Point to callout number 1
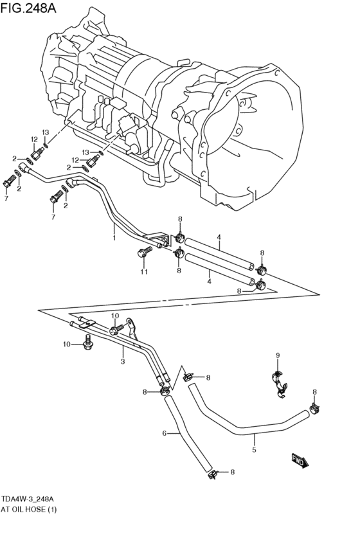[114, 238]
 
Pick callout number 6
[165, 433]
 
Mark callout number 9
[278, 355]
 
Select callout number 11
[144, 272]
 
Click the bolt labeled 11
[144, 252]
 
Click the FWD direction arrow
[300, 461]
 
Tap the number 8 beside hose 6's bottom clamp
[232, 472]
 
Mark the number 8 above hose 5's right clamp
[314, 391]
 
